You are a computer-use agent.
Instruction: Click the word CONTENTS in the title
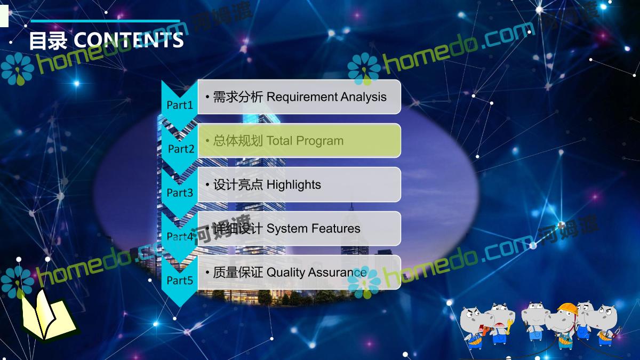pyautogui.click(x=129, y=40)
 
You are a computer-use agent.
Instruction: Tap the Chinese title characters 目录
pyautogui.click(x=49, y=41)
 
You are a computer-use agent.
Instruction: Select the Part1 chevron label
pyautogui.click(x=180, y=105)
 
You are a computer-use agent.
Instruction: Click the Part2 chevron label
pyautogui.click(x=181, y=149)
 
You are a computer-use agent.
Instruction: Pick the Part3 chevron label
pyautogui.click(x=180, y=193)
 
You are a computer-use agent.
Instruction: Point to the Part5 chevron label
pyautogui.click(x=180, y=281)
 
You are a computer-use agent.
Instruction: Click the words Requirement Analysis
pyautogui.click(x=326, y=97)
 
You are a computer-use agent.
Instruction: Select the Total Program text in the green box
pyautogui.click(x=305, y=141)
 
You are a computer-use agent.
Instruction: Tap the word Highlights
pyautogui.click(x=294, y=185)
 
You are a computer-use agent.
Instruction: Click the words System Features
pyautogui.click(x=314, y=229)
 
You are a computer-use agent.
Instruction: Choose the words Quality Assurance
pyautogui.click(x=317, y=273)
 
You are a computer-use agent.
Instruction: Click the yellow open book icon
pyautogui.click(x=48, y=315)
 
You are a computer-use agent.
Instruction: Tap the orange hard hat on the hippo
pyautogui.click(x=567, y=309)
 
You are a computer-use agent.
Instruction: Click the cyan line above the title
pyautogui.click(x=105, y=21)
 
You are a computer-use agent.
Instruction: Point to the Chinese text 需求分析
pyautogui.click(x=238, y=97)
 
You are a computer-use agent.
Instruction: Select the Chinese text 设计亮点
pyautogui.click(x=238, y=185)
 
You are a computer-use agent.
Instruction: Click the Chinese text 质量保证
pyautogui.click(x=238, y=273)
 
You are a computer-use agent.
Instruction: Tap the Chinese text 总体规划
pyautogui.click(x=238, y=141)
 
